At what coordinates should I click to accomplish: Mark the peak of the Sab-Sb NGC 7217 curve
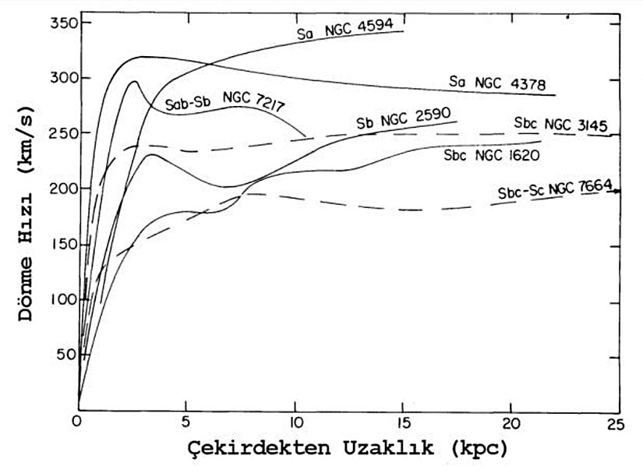pos(134,80)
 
